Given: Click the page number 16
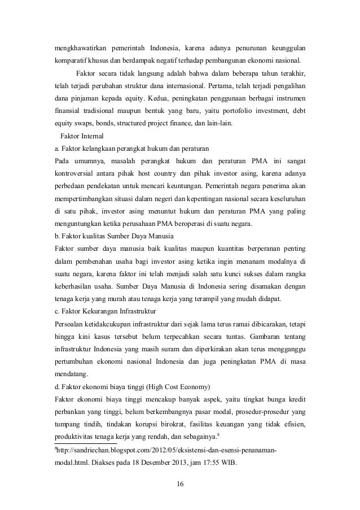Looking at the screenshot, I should click(179, 484).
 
